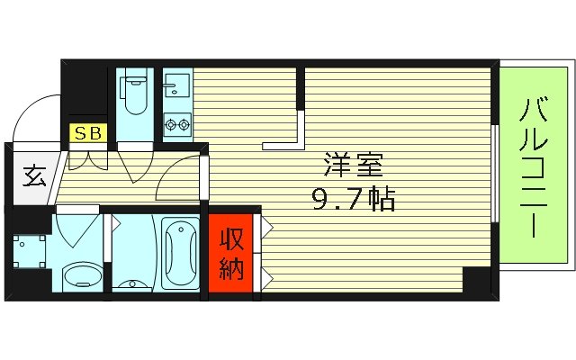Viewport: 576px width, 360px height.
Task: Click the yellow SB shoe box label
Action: [x=88, y=134]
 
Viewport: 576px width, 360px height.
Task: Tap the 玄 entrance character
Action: [x=34, y=175]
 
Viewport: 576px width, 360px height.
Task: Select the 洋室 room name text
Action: [x=354, y=166]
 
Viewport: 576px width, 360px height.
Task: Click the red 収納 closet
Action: [x=231, y=254]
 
